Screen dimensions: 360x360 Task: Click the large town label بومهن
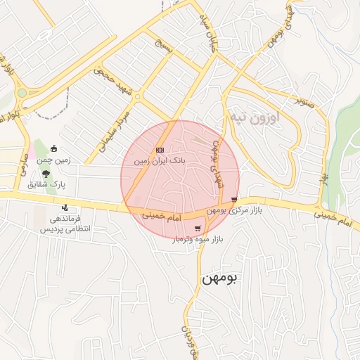220,278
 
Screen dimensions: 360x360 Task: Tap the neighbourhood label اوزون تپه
255,117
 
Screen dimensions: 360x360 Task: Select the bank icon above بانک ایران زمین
160,150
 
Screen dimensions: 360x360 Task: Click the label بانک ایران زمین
162,161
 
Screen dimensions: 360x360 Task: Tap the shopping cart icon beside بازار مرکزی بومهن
233,200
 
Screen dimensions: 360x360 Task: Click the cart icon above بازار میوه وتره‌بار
199,228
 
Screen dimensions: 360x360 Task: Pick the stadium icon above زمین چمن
54,148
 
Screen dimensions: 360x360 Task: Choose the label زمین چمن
53,160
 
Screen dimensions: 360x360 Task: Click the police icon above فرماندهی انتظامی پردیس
65,207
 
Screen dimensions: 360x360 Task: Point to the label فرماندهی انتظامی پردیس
60,224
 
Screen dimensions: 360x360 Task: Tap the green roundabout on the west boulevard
21,92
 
